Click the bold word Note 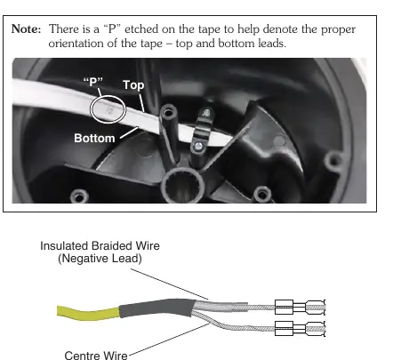(x=26, y=29)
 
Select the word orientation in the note (x=76, y=44)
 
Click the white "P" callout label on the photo (x=93, y=82)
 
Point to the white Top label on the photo (x=133, y=85)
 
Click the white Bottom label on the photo (x=94, y=138)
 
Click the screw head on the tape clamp (x=198, y=146)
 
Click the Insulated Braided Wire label (x=100, y=246)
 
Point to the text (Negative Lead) (x=100, y=259)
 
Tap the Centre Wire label (x=96, y=355)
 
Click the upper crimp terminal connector (x=300, y=307)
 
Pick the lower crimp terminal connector (x=300, y=329)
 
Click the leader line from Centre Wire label (x=169, y=339)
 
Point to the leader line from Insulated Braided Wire (x=170, y=284)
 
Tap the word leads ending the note (x=272, y=44)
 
